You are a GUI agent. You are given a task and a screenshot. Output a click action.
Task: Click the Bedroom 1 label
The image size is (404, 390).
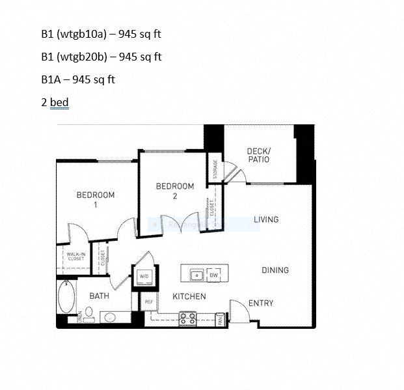[96, 199]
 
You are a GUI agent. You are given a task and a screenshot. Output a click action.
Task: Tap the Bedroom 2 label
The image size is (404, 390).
[175, 191]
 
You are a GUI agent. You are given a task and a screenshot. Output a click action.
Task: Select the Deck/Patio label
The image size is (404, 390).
[258, 156]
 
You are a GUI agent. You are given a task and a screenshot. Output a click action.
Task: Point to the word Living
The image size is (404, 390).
[266, 219]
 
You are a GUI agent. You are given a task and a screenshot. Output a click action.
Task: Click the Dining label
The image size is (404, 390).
[275, 270]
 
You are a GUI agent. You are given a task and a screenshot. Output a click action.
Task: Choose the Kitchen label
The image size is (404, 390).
[189, 296]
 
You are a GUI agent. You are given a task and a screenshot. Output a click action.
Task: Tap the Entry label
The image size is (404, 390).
[261, 303]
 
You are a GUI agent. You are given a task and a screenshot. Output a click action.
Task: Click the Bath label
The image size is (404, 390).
[99, 296]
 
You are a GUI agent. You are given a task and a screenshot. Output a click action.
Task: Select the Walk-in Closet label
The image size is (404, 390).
[75, 256]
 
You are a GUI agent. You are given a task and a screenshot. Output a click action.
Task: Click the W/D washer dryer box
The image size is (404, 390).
[142, 276]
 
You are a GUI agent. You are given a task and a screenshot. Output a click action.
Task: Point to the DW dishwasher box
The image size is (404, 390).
[214, 275]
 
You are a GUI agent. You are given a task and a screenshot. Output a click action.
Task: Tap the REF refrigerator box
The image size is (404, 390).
[148, 301]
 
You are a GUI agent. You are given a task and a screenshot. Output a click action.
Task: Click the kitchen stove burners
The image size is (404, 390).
[187, 318]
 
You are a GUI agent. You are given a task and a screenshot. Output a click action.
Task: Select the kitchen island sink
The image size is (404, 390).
[196, 275]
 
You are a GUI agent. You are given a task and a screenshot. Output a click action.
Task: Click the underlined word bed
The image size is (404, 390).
[59, 102]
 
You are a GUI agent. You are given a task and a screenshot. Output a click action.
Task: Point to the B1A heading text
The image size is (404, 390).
[51, 79]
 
